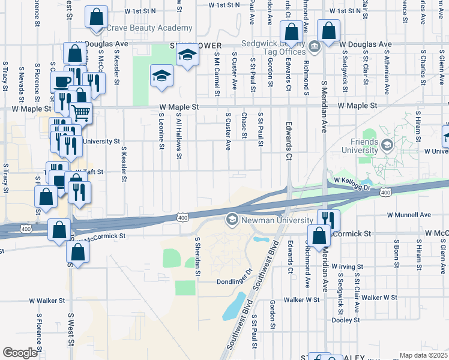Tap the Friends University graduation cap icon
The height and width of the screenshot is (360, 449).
coord(387,145)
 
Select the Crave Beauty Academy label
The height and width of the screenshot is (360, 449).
coord(149,28)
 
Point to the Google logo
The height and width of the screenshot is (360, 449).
coord(20,353)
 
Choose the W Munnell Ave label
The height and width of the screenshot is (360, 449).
coord(409,214)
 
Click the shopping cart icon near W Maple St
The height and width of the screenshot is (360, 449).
coord(81,112)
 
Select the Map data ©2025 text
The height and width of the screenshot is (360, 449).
coord(423,355)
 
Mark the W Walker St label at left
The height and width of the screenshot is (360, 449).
coord(46,301)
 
